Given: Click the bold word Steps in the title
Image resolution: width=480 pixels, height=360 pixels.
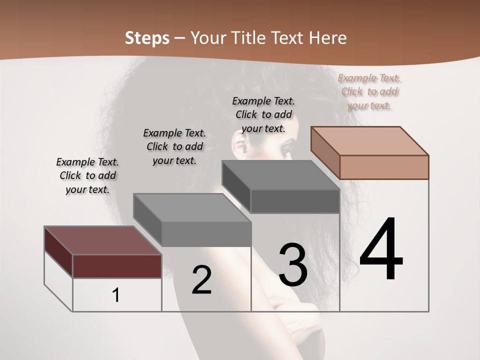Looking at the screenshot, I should [147, 38].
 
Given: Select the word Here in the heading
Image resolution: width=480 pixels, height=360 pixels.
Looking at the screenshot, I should [328, 38].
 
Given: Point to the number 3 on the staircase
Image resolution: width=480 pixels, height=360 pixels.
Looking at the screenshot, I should [293, 264].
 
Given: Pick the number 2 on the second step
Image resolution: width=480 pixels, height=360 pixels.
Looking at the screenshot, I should [201, 280].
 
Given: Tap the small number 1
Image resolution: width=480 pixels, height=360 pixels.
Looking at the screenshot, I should [116, 295].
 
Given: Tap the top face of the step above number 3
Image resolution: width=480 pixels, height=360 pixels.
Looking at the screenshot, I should [280, 175].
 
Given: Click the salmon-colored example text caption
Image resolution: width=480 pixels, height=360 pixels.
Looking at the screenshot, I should [369, 92].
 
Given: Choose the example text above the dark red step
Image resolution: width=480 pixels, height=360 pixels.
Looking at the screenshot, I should [87, 175].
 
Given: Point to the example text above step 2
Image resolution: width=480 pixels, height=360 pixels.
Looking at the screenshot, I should [174, 146].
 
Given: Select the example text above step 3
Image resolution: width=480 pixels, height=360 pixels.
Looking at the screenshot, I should [263, 114].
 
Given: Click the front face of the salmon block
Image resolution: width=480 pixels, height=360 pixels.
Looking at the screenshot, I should [384, 167].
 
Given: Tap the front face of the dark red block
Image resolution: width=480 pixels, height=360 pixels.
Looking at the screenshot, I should [117, 266].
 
